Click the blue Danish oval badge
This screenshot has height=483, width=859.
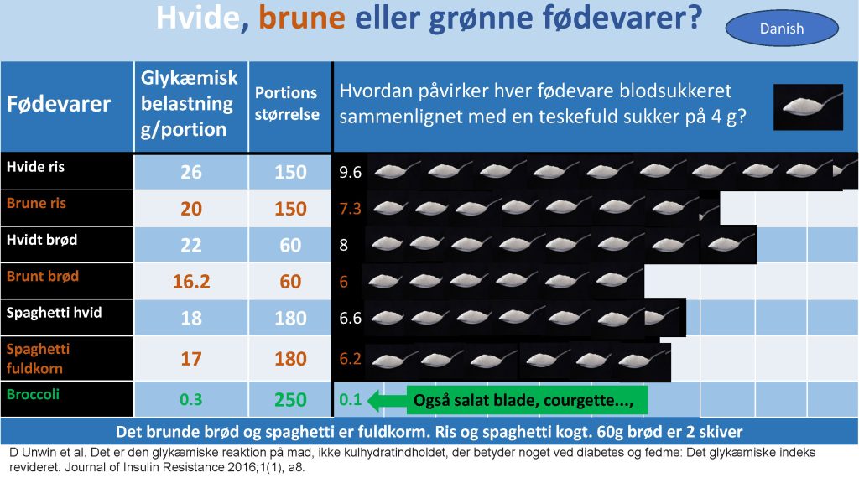pos(782,29)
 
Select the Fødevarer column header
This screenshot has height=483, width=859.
pos(59,104)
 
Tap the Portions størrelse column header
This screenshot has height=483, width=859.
pos(287,103)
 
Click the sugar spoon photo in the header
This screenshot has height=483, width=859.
pos(808,106)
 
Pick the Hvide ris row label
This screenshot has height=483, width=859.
pos(35,167)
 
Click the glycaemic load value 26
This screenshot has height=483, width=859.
pos(191,172)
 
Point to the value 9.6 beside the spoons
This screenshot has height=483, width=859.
pos(350,173)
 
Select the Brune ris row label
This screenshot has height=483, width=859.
pos(36,203)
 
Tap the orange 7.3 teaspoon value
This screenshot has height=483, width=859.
pos(350,209)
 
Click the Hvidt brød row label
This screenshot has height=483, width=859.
pos(42,240)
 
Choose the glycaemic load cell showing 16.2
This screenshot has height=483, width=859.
pos(191,282)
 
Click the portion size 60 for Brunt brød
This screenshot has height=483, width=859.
pos(290,282)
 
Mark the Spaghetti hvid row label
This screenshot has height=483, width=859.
pos(54,313)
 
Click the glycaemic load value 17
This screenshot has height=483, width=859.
pos(191,359)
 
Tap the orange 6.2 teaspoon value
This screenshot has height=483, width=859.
pos(350,359)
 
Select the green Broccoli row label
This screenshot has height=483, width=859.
pos(33,394)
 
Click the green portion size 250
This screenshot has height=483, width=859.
pos(290,400)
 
